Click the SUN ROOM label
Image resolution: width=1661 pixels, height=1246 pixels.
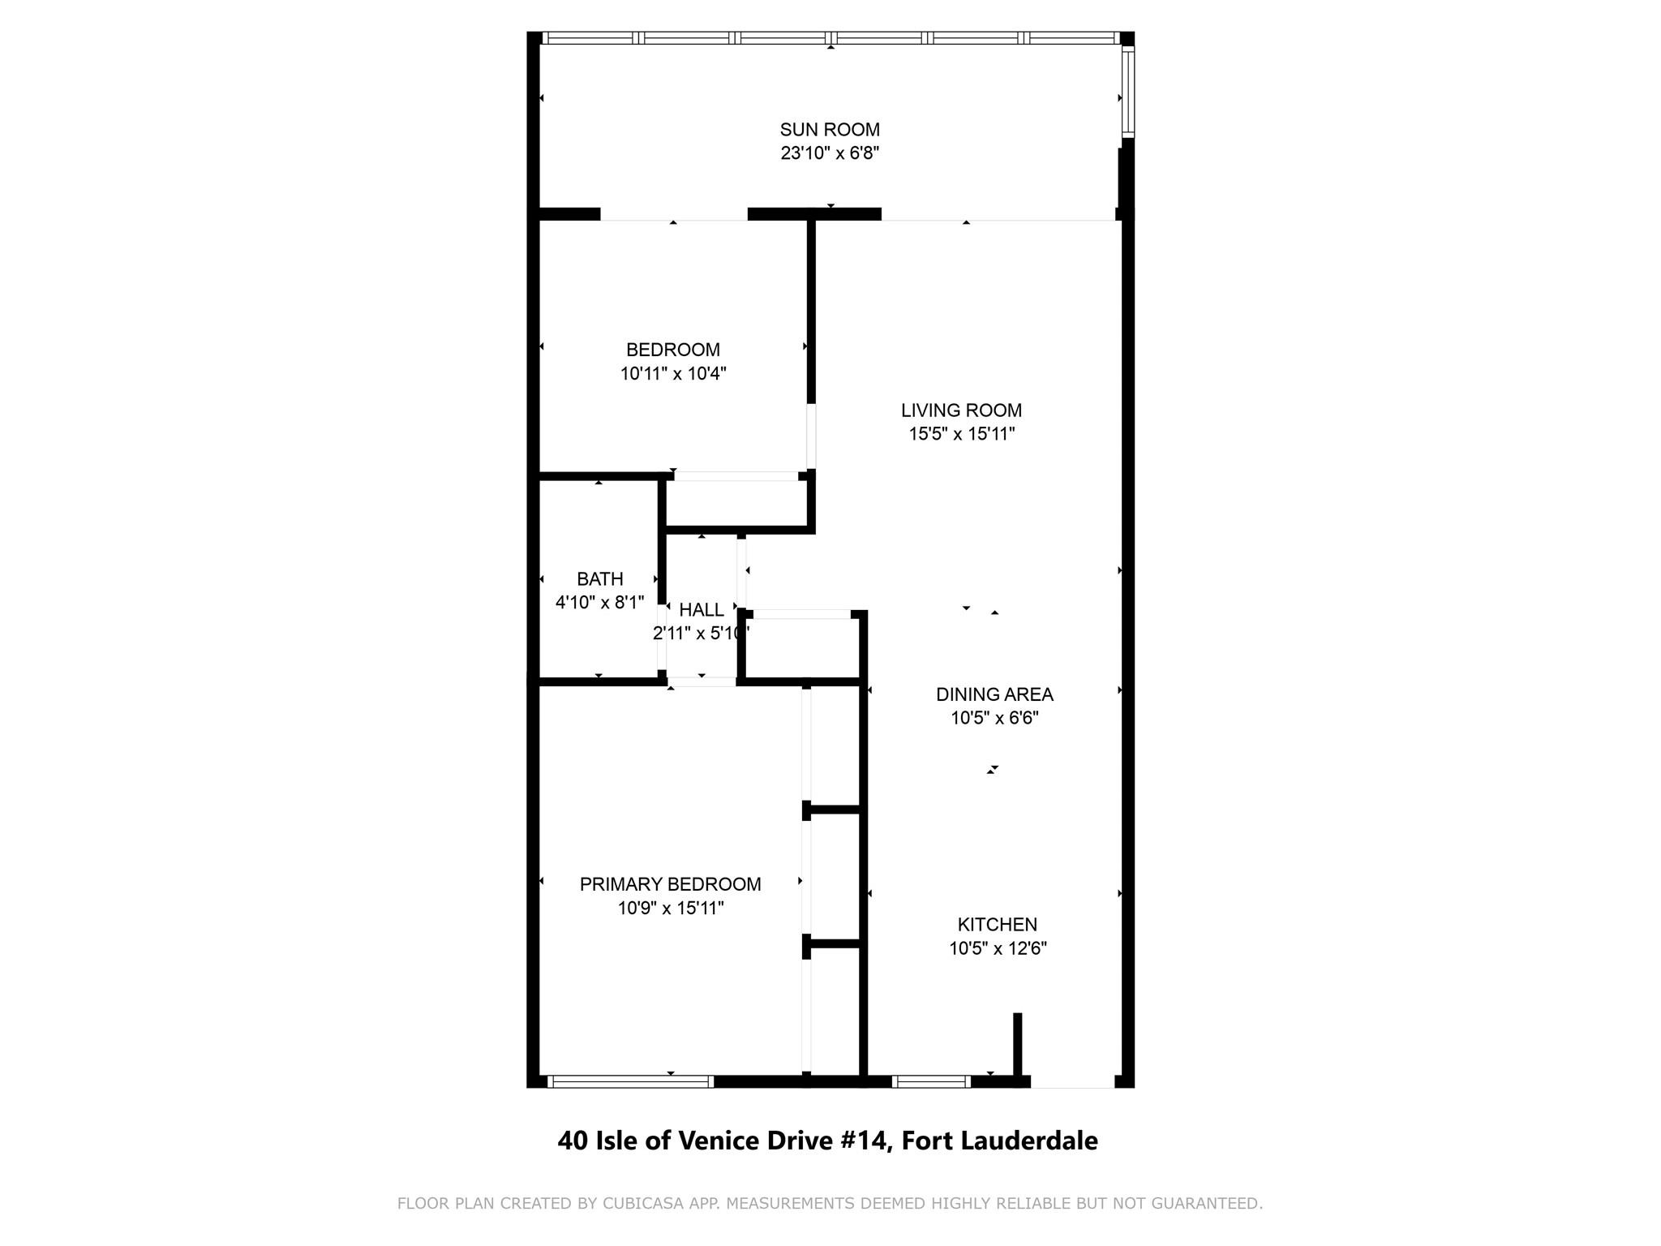click(830, 130)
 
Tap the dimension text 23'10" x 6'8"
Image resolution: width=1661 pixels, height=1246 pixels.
click(830, 153)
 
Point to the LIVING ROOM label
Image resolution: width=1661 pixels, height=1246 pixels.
click(961, 410)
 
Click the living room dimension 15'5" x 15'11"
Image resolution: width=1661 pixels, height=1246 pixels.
click(962, 434)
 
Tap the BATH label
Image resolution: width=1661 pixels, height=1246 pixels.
click(600, 579)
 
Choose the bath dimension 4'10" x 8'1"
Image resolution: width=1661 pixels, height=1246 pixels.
click(600, 603)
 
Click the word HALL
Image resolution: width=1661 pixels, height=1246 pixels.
click(702, 610)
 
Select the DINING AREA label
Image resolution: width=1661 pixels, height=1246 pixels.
click(994, 694)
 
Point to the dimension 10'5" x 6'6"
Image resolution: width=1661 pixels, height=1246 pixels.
click(995, 718)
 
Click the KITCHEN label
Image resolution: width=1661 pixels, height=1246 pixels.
click(998, 925)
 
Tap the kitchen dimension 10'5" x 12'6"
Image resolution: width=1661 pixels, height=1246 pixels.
click(998, 948)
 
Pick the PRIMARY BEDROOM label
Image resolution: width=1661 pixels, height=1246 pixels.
click(671, 884)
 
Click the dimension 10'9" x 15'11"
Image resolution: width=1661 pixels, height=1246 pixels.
click(671, 908)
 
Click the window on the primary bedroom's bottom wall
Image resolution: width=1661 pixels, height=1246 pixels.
click(630, 1081)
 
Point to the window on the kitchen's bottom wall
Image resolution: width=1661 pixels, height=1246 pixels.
click(931, 1081)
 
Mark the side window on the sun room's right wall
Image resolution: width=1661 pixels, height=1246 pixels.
click(1127, 91)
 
